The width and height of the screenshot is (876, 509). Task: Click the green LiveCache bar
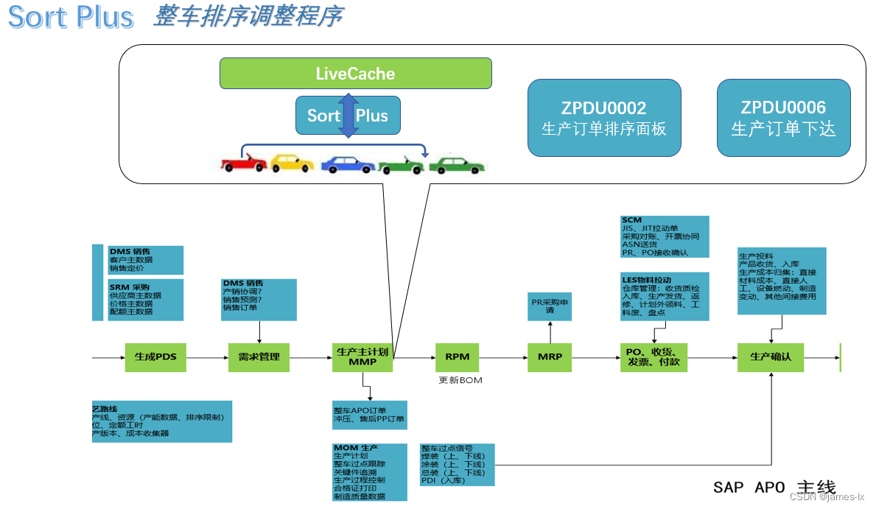coord(355,74)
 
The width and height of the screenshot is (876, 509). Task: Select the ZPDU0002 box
coord(604,118)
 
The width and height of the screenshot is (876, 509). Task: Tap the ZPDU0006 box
coord(783,118)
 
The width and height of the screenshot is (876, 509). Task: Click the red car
coord(244,163)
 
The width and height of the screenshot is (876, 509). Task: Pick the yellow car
coord(292,163)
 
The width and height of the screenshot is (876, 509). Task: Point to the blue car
coord(347,164)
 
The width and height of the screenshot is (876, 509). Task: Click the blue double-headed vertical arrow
coord(348,116)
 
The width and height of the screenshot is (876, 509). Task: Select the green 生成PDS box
coord(155,357)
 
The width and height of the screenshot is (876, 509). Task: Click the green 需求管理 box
coord(259,357)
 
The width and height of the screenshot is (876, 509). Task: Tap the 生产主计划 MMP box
coord(362,357)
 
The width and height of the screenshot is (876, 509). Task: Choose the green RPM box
coord(457,357)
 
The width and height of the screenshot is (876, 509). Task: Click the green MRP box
coord(550,357)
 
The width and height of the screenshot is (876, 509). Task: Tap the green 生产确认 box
coord(771,357)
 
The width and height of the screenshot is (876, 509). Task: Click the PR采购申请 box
coord(550,306)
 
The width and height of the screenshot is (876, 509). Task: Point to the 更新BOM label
coord(460,380)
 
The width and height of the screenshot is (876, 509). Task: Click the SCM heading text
coord(632,220)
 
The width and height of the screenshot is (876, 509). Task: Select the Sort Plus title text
coord(71,17)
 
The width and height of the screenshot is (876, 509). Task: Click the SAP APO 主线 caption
coord(774,487)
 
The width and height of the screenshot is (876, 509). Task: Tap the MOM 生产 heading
coord(356,448)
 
